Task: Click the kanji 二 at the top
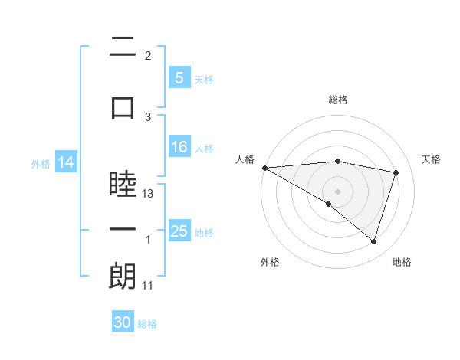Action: pos(123,47)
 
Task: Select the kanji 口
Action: pos(123,108)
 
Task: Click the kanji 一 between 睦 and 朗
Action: pos(123,231)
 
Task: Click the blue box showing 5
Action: pos(179,77)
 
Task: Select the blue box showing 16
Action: pos(179,147)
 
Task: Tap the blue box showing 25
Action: pos(179,231)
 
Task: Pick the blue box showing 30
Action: pos(123,322)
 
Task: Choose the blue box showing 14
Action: pos(66,162)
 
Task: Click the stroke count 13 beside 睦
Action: pos(149,194)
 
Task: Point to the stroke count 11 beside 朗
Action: pos(148,286)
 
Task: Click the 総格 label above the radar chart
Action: pos(338,100)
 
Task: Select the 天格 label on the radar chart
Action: pos(432,159)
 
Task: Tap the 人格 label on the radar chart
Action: pos(245,159)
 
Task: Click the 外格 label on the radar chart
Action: pos(269,262)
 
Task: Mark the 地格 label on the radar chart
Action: pos(402,262)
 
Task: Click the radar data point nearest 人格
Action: pos(264,168)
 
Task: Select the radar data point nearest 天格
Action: pos(396,172)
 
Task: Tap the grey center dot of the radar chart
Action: pos(337,190)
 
